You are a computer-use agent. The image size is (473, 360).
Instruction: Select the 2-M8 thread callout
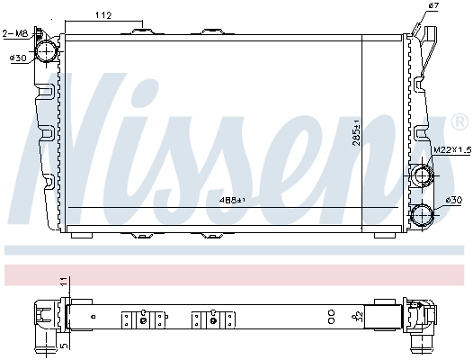coord(15,34)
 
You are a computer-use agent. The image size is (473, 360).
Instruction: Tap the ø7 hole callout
coord(433,7)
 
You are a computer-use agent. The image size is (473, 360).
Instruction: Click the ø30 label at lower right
coord(453,199)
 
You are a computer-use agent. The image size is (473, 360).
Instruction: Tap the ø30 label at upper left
coord(17,58)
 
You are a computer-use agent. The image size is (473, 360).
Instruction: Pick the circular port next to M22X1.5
coord(421,175)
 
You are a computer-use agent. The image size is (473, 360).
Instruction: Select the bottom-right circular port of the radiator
coord(421,214)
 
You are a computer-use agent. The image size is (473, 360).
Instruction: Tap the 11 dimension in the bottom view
coord(63,283)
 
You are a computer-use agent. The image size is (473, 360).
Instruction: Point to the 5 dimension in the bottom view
coord(63,343)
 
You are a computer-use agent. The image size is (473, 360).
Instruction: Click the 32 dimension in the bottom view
coord(360,316)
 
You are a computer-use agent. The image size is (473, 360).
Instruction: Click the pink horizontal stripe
coord(236,272)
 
